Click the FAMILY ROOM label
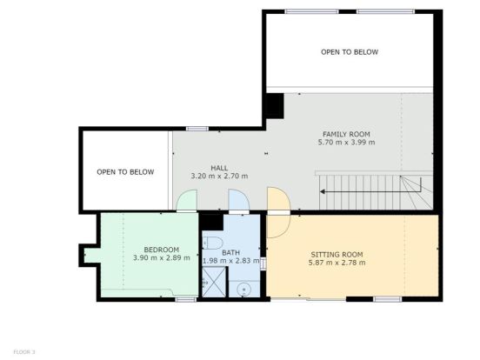click(346, 134)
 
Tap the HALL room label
click(219, 168)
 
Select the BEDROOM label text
click(162, 250)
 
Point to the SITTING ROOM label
click(337, 255)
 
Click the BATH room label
click(230, 253)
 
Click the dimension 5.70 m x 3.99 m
click(346, 143)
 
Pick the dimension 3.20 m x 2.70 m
click(219, 176)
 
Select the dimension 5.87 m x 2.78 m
click(337, 263)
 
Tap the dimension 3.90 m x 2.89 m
click(162, 257)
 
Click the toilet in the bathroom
click(212, 243)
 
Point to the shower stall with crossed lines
click(214, 282)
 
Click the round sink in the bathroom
click(244, 290)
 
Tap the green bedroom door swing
click(187, 200)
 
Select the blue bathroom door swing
click(239, 200)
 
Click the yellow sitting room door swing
click(278, 212)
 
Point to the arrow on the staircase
click(370, 192)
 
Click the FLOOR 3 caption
click(24, 352)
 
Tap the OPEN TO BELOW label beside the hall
click(125, 172)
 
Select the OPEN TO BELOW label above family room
click(350, 52)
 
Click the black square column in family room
click(275, 106)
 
